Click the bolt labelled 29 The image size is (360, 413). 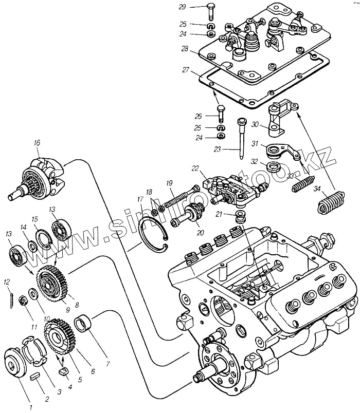pyautogui.click(x=211, y=12)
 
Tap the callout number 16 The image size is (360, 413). pyautogui.click(x=37, y=143)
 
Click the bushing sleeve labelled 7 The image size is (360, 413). pyautogui.click(x=83, y=325)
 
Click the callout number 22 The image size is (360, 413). pyautogui.click(x=195, y=168)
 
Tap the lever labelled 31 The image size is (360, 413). pyautogui.click(x=283, y=152)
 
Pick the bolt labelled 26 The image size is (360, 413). pyautogui.click(x=221, y=114)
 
